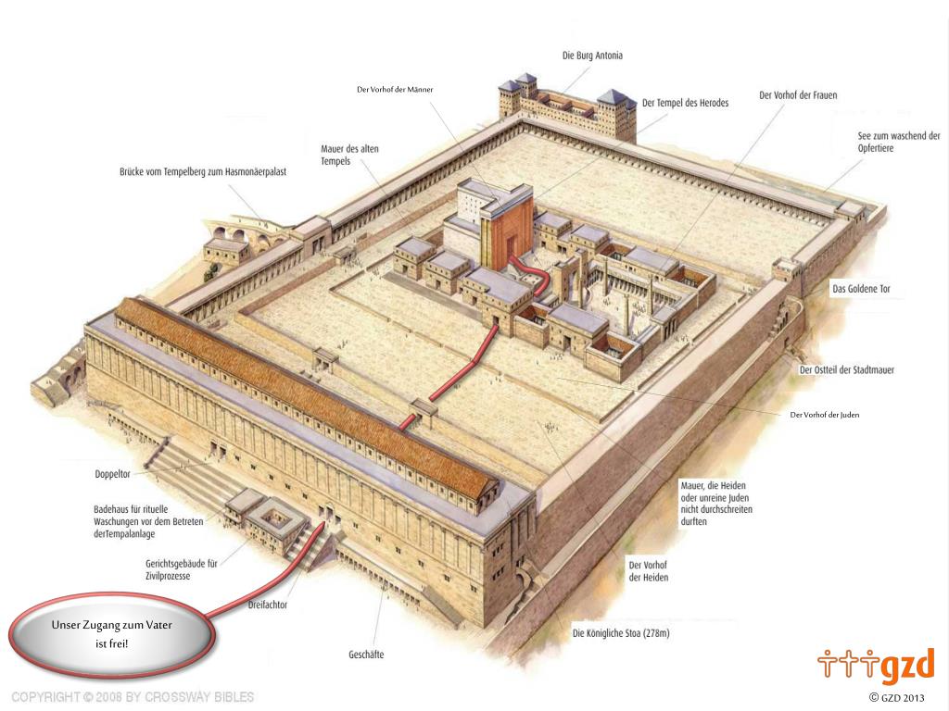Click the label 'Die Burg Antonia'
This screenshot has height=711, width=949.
(x=592, y=56)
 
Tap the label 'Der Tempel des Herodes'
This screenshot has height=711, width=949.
(x=685, y=103)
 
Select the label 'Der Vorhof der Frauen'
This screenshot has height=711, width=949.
(x=798, y=95)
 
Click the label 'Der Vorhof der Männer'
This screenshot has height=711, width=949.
(x=395, y=90)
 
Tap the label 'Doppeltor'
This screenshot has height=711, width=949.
(x=112, y=474)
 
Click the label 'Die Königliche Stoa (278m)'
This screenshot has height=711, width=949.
(x=621, y=634)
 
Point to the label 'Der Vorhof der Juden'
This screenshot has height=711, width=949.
(x=824, y=415)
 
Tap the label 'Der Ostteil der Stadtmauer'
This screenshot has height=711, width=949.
(x=846, y=370)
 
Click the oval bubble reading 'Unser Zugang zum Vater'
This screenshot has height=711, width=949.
(x=112, y=635)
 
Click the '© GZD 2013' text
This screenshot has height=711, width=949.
(x=896, y=697)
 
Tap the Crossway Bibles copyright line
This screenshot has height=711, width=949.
(x=133, y=696)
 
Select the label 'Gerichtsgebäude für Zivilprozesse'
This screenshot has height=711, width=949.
(x=181, y=569)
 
